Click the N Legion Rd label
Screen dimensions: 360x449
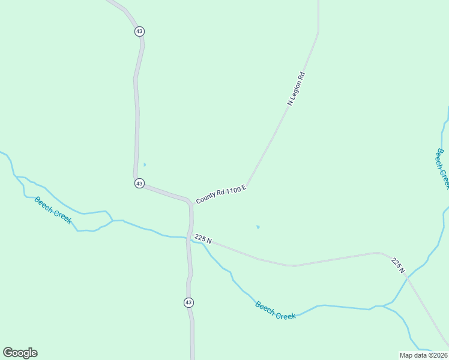[297, 89]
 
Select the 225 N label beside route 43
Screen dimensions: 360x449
[203, 239]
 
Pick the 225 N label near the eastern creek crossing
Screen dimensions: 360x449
[398, 266]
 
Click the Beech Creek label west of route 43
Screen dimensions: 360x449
[53, 209]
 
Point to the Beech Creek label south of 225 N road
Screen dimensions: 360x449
[276, 310]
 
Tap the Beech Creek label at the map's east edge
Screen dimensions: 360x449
[443, 169]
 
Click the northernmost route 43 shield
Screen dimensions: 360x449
[139, 31]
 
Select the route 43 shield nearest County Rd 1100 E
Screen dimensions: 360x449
[139, 183]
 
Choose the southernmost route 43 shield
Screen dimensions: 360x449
[188, 302]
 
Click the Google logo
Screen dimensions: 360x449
[20, 353]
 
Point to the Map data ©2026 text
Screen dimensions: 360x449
[423, 355]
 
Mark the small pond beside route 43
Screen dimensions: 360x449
[145, 164]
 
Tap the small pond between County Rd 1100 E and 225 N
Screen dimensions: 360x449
[258, 227]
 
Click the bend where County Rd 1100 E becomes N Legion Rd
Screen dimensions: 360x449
[247, 185]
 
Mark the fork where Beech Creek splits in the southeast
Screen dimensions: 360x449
[382, 306]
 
